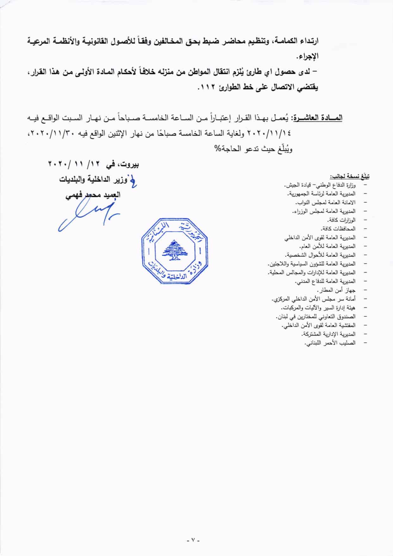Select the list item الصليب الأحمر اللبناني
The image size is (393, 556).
(329, 343)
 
